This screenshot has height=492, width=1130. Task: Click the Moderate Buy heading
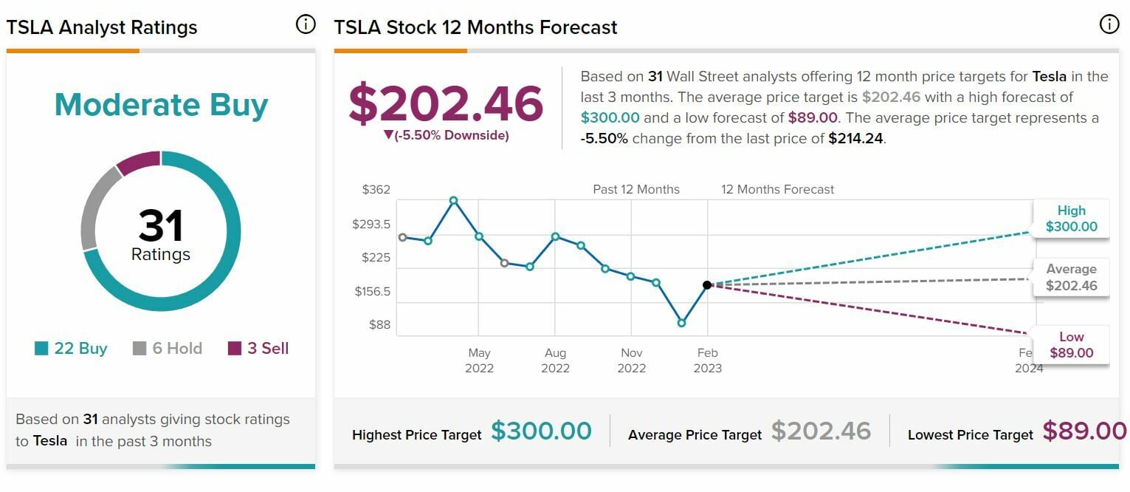click(x=161, y=105)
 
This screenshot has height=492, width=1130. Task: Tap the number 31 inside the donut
click(x=161, y=226)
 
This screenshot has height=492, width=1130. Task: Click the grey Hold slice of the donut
click(x=94, y=207)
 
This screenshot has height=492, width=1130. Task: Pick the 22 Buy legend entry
click(x=72, y=349)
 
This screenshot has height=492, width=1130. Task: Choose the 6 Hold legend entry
click(x=168, y=349)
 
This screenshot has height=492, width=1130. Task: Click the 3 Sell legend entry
click(x=258, y=349)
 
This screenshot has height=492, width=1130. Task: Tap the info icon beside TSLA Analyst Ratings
click(x=304, y=24)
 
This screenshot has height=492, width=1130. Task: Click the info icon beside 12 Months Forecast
click(x=1109, y=24)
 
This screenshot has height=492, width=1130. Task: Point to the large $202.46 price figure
click(x=446, y=103)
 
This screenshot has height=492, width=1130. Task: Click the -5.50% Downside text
click(x=447, y=136)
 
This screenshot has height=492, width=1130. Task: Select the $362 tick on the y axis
click(x=376, y=190)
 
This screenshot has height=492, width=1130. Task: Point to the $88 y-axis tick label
click(x=380, y=325)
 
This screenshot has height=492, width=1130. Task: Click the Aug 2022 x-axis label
click(x=555, y=361)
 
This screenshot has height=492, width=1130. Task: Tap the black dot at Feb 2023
click(x=707, y=284)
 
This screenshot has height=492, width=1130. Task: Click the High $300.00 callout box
click(x=1071, y=219)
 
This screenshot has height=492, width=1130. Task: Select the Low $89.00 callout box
click(x=1071, y=345)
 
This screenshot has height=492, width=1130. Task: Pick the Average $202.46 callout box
click(x=1071, y=278)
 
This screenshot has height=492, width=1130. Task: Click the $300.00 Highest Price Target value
click(x=541, y=431)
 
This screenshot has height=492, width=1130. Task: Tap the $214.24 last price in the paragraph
click(x=855, y=138)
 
